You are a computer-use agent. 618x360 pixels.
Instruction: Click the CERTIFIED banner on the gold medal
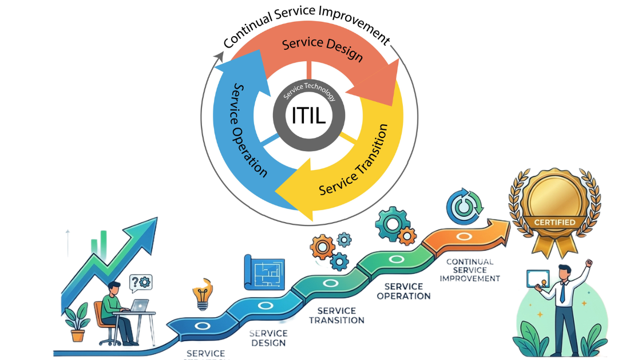(556, 222)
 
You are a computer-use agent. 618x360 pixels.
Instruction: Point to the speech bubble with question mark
(141, 282)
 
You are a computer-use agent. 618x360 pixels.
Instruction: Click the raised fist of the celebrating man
(588, 264)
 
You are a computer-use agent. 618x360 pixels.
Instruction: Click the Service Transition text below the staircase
(336, 315)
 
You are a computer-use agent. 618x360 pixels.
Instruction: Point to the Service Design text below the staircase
(268, 338)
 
